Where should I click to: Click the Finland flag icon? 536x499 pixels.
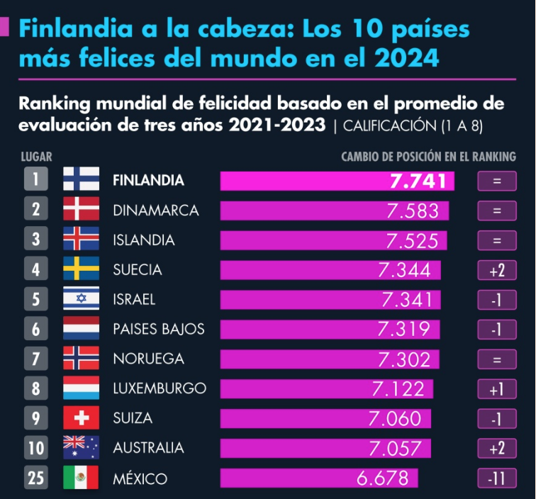[x=81, y=180]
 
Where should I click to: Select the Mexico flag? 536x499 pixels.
[x=81, y=478]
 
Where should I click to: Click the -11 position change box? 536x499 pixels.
[x=496, y=478]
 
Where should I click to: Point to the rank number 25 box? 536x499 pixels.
[x=35, y=478]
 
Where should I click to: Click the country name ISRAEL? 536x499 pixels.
[x=134, y=300]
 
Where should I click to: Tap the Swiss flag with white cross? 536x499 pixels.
[x=81, y=418]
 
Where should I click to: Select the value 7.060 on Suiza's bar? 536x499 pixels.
[x=395, y=418]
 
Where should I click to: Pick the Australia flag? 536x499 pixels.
[x=81, y=448]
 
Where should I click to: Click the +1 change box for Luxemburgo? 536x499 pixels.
[x=496, y=388]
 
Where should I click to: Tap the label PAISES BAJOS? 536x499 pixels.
[x=159, y=330]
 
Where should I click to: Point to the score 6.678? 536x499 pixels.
[x=384, y=478]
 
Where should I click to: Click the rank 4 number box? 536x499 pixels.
[x=35, y=270]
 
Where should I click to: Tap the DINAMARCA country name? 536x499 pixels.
[x=156, y=211]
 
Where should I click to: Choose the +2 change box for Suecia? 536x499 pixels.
[x=496, y=270]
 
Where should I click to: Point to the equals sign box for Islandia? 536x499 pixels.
[x=496, y=240]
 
